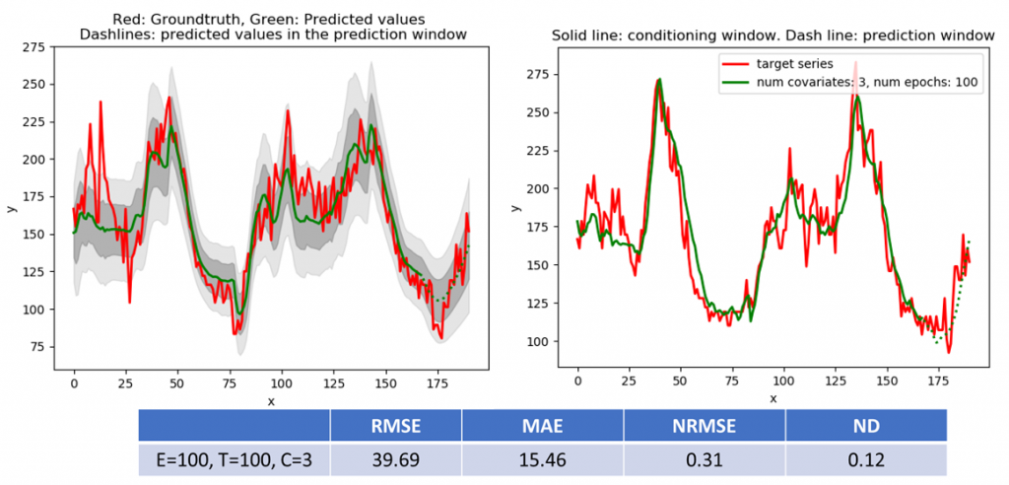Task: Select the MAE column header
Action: coord(543,426)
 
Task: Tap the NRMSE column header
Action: coord(705,426)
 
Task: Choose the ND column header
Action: coord(866,426)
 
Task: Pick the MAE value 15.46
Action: coord(543,459)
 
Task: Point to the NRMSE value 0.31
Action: coord(705,459)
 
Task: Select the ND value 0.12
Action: coord(866,459)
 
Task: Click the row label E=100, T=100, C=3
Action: coord(234,459)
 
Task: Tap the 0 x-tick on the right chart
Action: coord(578,380)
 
